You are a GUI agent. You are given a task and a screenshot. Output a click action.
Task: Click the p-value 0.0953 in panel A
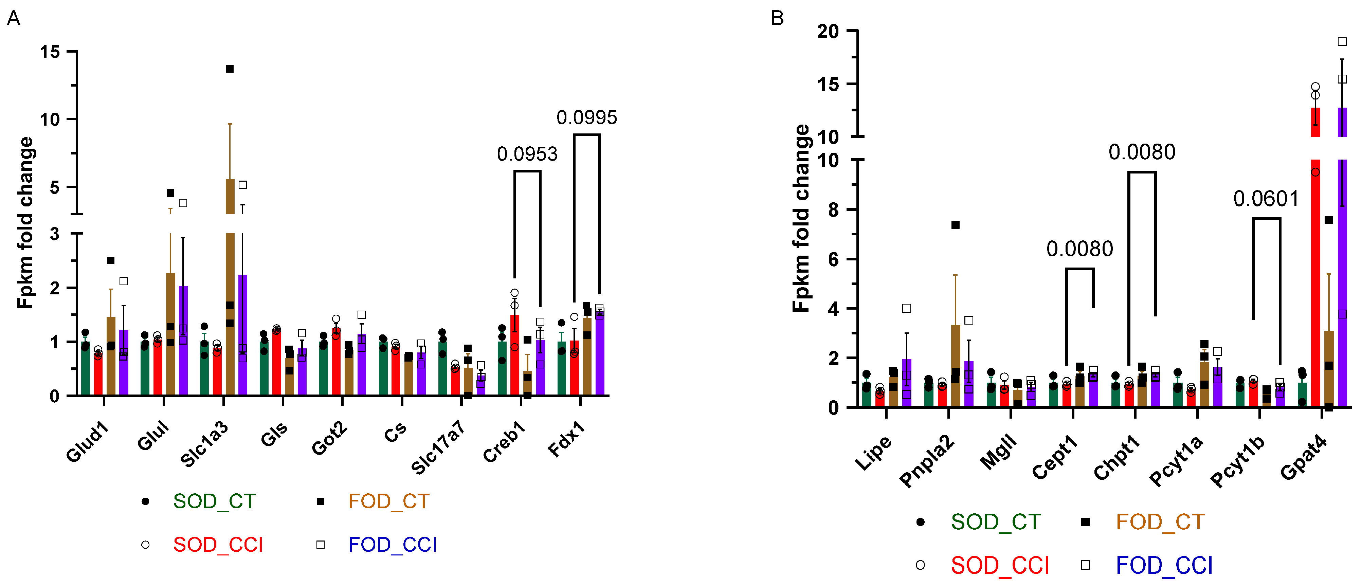527,154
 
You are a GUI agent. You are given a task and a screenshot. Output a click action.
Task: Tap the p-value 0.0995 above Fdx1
587,117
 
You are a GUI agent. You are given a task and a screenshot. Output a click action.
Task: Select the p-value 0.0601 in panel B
1266,199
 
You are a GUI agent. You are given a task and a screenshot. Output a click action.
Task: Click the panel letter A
13,19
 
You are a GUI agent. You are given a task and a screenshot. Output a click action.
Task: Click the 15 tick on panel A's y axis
50,52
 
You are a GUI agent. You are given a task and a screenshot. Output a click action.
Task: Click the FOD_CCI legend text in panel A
392,545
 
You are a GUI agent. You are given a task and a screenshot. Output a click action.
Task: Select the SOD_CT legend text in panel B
996,522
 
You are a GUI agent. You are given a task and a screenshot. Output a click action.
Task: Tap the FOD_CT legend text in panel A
388,501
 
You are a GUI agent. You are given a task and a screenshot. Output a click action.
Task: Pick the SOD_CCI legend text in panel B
1000,565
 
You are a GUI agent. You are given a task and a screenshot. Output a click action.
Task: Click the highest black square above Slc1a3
230,69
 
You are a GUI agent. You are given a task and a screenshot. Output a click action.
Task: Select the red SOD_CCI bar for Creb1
514,355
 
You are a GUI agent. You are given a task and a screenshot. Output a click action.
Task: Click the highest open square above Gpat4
1342,42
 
